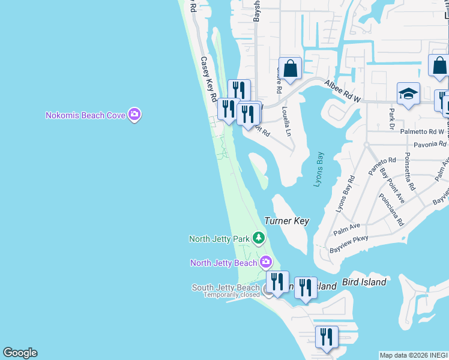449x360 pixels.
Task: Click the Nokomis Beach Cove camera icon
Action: pos(134,115)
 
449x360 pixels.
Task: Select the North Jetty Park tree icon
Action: pos(259,239)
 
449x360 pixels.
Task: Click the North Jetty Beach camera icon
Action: pos(266,262)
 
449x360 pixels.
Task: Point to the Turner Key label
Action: pos(287,221)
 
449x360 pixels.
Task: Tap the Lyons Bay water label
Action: pos(318,169)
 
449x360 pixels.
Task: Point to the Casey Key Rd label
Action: pos(208,79)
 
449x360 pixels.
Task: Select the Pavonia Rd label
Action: pos(430,145)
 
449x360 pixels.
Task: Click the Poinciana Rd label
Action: pos(391,209)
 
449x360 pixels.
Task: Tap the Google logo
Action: pos(20,353)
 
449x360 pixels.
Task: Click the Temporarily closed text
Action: pos(231,295)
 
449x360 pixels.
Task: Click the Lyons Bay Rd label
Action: pos(344,195)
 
